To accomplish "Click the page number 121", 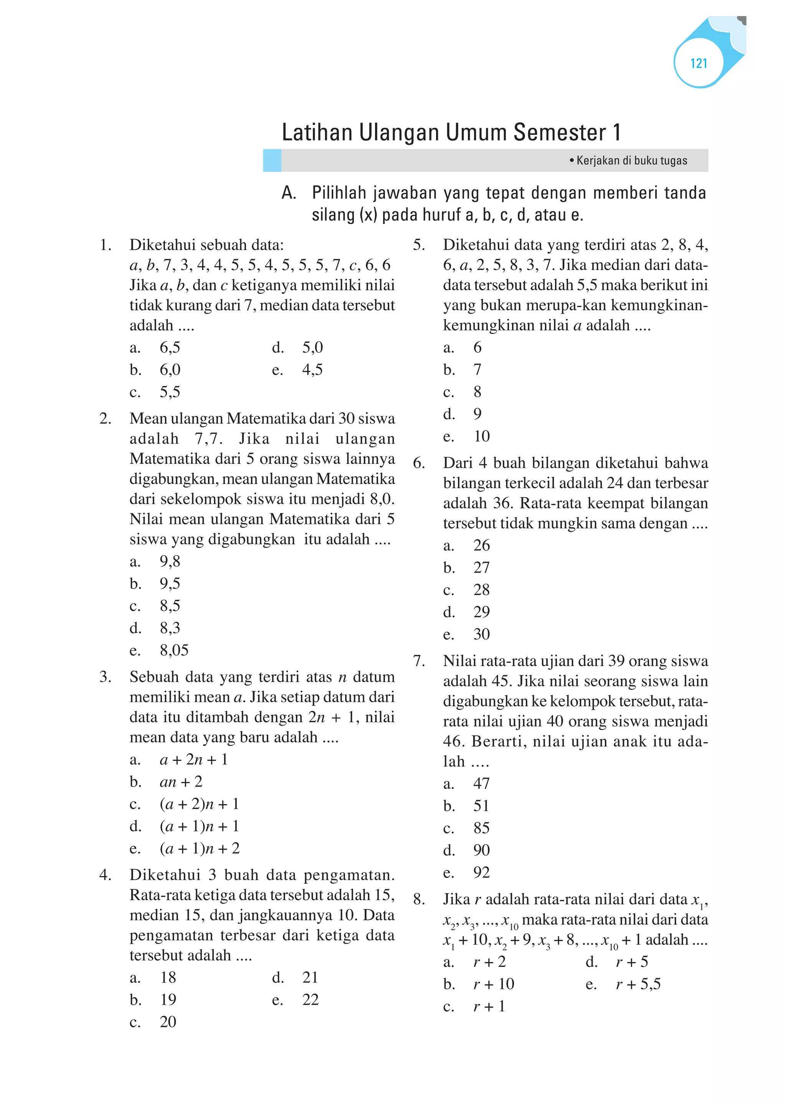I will tap(698, 63).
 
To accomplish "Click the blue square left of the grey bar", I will tap(272, 161).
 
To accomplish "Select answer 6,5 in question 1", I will tap(170, 347).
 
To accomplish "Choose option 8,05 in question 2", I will tap(174, 650).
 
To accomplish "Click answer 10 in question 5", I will tap(482, 436).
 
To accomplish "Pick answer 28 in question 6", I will tap(482, 589).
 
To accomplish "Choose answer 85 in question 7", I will tap(482, 828).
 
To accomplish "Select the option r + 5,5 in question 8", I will tap(638, 984).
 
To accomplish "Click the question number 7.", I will tap(419, 661).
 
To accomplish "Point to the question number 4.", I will tap(105, 875).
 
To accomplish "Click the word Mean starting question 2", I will tap(149, 419).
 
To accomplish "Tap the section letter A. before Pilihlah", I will tap(289, 193).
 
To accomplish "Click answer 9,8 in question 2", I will tap(170, 561).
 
